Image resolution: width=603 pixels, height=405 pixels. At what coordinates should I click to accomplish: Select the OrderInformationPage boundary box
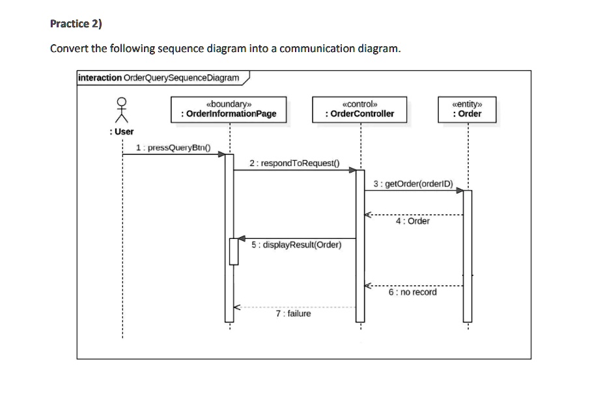229,109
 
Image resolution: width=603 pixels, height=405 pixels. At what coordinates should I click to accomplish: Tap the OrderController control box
359,109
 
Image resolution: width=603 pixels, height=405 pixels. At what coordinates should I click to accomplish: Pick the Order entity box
467,109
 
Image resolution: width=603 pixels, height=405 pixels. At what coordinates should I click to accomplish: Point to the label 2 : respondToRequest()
295,163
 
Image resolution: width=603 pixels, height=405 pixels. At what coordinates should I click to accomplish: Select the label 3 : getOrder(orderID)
414,184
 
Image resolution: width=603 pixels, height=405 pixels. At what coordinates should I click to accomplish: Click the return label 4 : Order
412,221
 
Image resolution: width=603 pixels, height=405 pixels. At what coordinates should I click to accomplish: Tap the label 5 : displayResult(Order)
296,245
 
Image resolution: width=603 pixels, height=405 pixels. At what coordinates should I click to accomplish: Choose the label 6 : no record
412,292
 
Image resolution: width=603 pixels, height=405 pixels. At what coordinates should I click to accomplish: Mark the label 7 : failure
293,314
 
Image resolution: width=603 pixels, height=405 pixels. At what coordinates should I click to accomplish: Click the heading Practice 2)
76,24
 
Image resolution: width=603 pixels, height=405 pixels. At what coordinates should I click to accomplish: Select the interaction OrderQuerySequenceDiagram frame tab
160,78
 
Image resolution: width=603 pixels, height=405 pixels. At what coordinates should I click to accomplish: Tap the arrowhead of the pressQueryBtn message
221,154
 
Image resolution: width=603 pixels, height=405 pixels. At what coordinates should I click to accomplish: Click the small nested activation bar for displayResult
233,251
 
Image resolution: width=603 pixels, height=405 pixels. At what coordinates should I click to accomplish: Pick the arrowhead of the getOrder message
459,191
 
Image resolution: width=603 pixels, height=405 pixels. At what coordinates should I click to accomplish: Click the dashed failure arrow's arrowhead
238,307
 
